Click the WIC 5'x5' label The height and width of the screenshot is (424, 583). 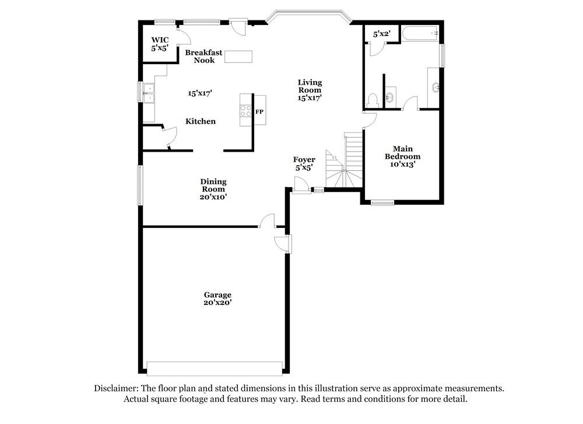[x=159, y=44]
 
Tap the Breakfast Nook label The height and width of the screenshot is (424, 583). [x=203, y=56]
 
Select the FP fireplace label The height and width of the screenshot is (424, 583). [x=259, y=111]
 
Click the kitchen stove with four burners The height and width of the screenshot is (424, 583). [x=245, y=110]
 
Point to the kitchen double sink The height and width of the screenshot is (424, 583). [x=149, y=93]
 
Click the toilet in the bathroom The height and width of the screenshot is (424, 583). [x=373, y=100]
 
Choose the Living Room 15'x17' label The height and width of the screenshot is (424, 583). [x=310, y=90]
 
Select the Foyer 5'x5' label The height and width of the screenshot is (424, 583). [x=304, y=163]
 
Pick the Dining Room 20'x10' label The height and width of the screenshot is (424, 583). [x=213, y=190]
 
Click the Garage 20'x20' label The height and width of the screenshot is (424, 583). [x=217, y=299]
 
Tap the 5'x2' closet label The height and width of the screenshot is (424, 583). [x=382, y=34]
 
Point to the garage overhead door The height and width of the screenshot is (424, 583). [x=215, y=369]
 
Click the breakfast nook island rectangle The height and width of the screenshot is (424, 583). [x=239, y=57]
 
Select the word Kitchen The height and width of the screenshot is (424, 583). [x=201, y=121]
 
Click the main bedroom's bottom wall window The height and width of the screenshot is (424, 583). [x=382, y=203]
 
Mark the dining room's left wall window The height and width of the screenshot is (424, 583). [x=140, y=185]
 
